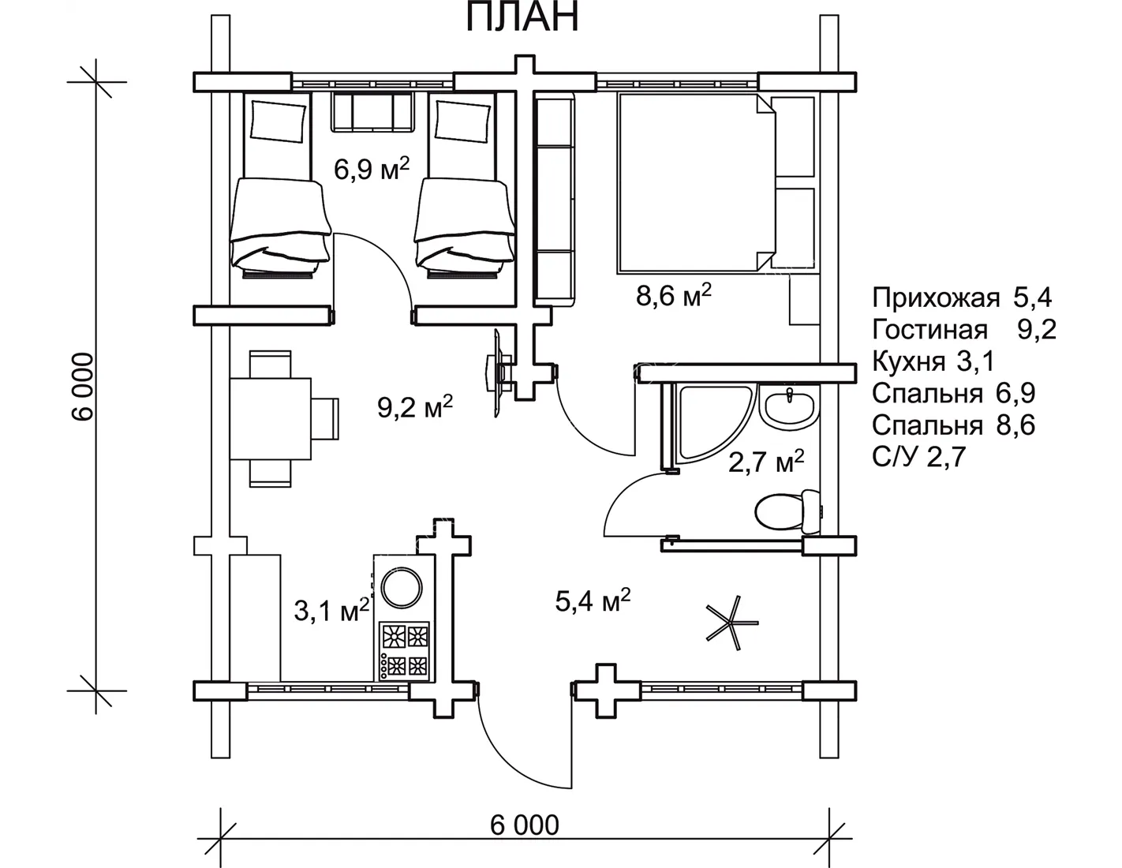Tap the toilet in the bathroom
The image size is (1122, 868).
[787, 511]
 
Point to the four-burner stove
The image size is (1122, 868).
[404, 651]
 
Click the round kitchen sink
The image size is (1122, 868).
[402, 588]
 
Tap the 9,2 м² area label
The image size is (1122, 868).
[414, 407]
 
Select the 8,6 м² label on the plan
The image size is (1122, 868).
[674, 295]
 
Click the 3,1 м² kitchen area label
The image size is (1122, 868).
[331, 610]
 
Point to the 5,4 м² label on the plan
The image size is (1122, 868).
[593, 600]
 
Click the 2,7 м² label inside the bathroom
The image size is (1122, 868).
[766, 461]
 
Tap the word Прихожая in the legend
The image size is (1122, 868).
[936, 298]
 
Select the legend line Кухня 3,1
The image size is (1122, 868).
[933, 361]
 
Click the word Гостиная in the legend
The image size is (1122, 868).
[929, 329]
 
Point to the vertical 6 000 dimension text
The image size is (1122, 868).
[83, 387]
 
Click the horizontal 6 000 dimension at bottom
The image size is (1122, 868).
[524, 825]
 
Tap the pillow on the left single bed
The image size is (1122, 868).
[278, 121]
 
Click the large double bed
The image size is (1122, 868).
[696, 183]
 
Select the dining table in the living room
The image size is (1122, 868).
[270, 419]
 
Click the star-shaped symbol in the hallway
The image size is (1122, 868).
[732, 623]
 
